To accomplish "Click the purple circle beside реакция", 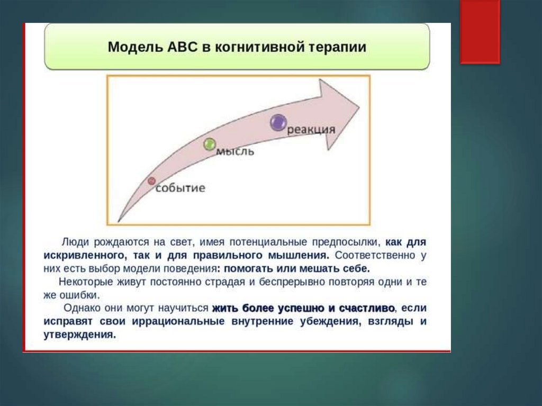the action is tap(278, 122).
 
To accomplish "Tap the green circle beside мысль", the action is tap(210, 144).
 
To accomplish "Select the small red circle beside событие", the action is tap(151, 181).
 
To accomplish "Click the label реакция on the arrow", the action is tap(311, 130).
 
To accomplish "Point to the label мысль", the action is tap(235, 151).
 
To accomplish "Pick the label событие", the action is tap(180, 188).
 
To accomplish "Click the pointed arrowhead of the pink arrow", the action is tap(359, 107).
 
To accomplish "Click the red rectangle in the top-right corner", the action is tap(480, 32).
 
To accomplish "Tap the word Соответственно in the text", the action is tap(375, 256).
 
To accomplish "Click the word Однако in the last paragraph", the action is tap(81, 308).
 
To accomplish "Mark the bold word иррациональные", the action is tap(178, 321).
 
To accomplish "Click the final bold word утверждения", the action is tap(80, 335).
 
